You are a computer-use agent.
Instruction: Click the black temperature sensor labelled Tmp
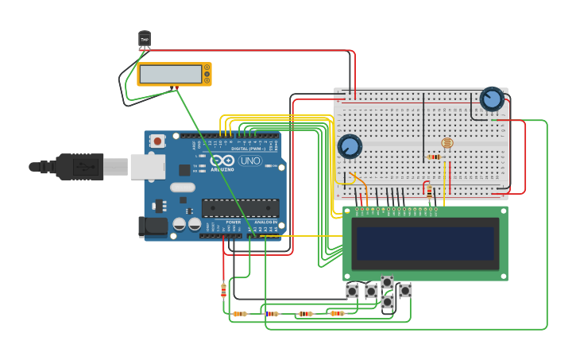click(145, 39)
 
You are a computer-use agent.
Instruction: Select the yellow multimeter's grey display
click(169, 73)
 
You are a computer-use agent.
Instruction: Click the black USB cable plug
click(79, 167)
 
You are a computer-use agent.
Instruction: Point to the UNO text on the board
click(249, 161)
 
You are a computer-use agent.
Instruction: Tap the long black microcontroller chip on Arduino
click(240, 208)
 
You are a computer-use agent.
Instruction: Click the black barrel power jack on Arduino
click(153, 226)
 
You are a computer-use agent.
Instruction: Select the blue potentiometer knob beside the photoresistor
click(350, 146)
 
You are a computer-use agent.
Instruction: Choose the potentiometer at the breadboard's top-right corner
click(492, 99)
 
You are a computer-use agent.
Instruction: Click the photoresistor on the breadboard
click(446, 143)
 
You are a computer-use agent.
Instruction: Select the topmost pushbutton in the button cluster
click(387, 282)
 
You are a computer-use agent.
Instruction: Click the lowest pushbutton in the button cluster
click(387, 302)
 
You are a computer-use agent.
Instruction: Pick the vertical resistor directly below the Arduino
click(223, 290)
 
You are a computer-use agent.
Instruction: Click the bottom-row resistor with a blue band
click(272, 314)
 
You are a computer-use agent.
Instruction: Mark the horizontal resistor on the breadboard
click(434, 157)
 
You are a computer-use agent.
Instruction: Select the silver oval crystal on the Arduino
click(182, 188)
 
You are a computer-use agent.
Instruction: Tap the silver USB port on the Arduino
click(147, 166)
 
